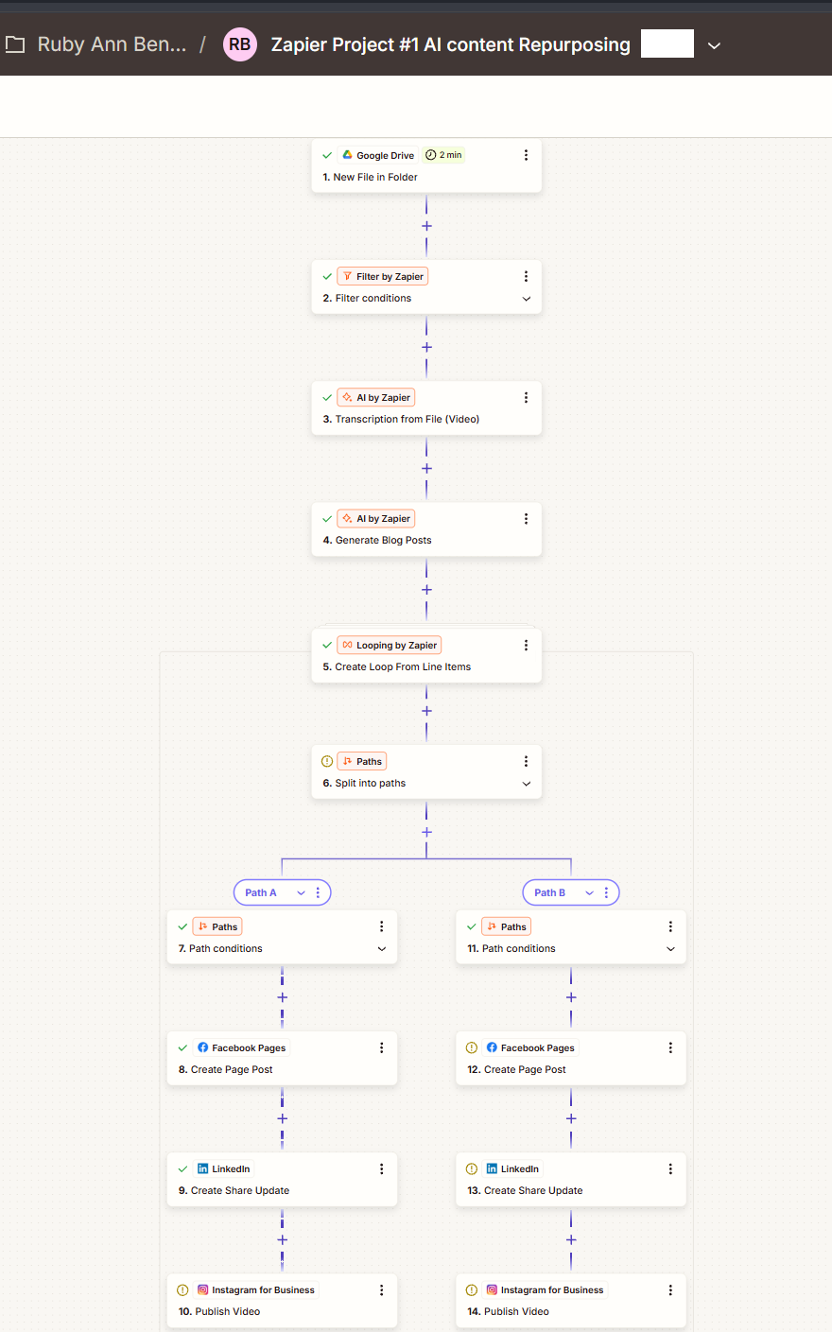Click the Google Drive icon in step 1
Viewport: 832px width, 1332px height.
347,155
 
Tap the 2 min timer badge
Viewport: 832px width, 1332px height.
443,155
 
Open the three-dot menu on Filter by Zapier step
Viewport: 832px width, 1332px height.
526,276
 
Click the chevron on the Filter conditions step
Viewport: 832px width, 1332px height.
527,299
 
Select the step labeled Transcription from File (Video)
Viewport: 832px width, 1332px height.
407,419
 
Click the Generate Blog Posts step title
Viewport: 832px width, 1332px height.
377,540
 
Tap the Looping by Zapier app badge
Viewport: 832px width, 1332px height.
390,645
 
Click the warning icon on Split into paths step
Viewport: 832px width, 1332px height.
326,761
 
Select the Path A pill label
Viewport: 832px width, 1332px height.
261,892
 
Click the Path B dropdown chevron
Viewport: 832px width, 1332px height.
589,892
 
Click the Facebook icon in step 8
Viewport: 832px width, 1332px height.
202,1047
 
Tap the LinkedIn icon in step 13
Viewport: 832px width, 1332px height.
492,1168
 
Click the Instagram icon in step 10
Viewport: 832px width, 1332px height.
202,1289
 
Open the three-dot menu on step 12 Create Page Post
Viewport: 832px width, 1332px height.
670,1047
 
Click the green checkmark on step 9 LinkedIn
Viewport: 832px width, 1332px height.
182,1169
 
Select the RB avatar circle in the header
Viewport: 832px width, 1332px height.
239,44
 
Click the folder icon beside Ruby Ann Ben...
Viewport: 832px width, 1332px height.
15,44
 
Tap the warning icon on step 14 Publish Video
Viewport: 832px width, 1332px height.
472,1289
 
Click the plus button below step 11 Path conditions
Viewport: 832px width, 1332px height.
571,997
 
